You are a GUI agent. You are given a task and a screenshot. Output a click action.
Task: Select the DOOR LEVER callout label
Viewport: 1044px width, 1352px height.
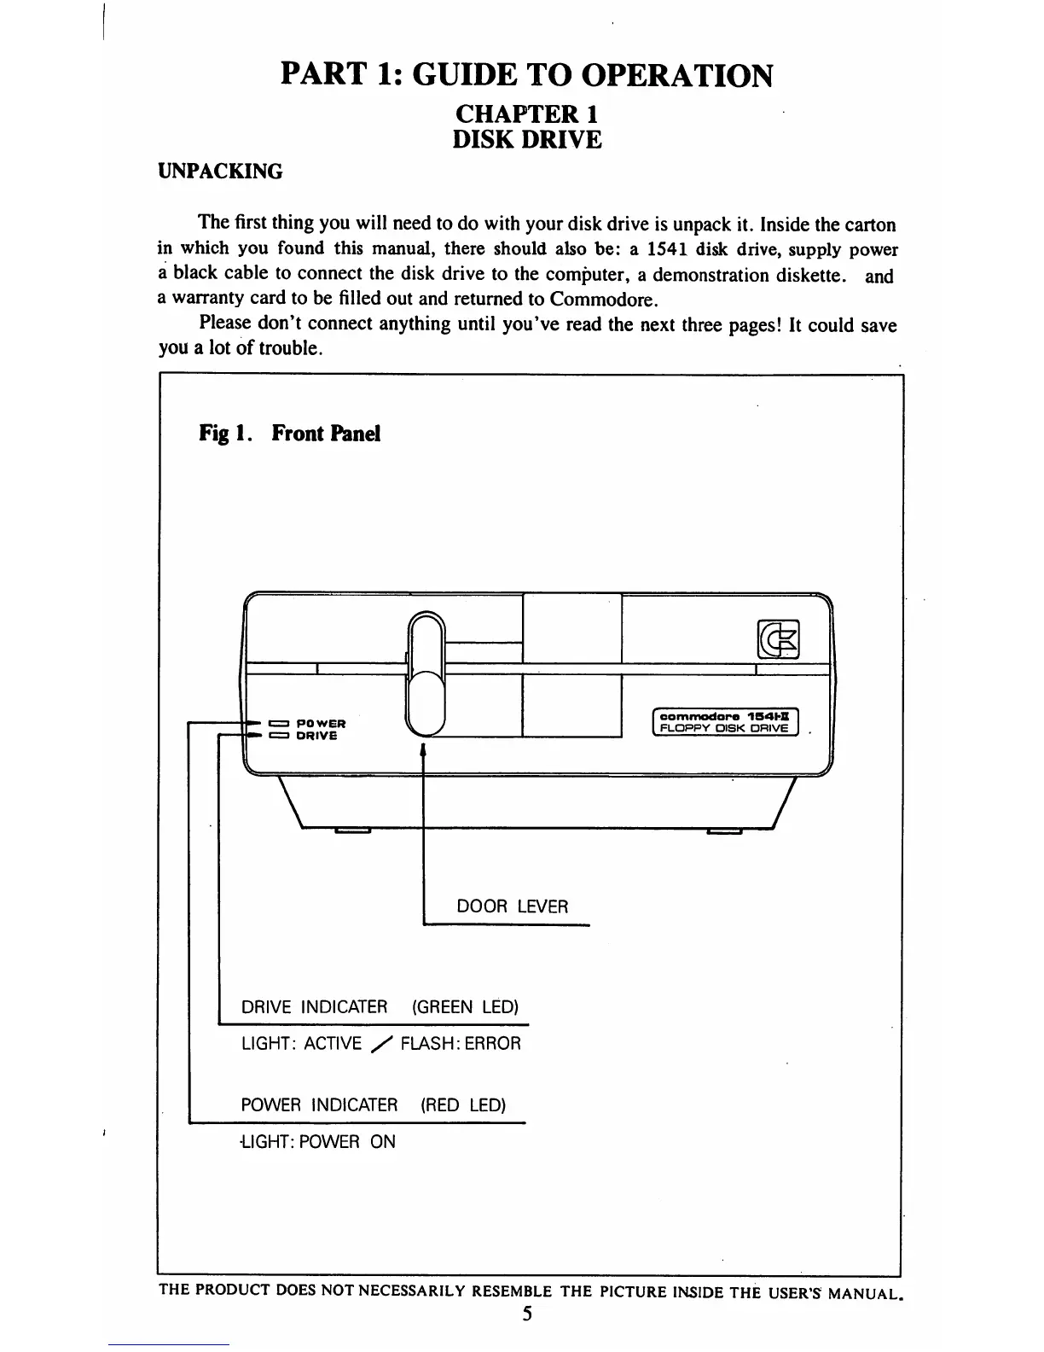click(512, 906)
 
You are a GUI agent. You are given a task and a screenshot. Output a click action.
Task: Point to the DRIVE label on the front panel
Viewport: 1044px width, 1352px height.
click(316, 736)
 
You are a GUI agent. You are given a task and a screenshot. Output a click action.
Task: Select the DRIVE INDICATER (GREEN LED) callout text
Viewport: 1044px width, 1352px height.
click(380, 1007)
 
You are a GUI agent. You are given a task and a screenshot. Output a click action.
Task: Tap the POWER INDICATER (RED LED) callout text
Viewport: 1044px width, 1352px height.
click(374, 1105)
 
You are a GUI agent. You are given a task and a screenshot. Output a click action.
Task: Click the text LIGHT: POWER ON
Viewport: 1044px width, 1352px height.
click(318, 1142)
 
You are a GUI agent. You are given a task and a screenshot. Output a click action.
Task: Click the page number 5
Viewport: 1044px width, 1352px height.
click(528, 1314)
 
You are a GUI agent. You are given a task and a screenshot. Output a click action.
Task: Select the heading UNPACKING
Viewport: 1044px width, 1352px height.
click(220, 172)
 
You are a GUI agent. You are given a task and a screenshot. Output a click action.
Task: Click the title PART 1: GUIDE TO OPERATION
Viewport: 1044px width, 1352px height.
click(527, 75)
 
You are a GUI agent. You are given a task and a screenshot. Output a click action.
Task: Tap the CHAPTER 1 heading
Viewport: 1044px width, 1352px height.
click(527, 114)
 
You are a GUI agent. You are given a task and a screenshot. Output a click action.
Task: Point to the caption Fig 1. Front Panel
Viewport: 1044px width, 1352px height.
click(289, 434)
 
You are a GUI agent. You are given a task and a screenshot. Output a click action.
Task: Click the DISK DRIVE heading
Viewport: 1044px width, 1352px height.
click(527, 140)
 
